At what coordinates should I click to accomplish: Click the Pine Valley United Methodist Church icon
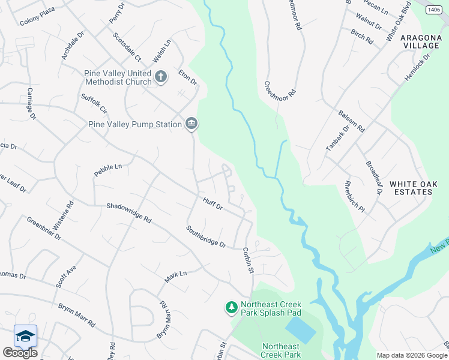click(160, 77)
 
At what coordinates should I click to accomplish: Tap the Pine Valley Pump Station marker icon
click(191, 124)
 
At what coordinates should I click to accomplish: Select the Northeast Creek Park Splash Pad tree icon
click(231, 308)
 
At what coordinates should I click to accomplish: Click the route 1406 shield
click(435, 10)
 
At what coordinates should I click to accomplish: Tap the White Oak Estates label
click(411, 188)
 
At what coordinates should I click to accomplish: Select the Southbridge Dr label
click(205, 236)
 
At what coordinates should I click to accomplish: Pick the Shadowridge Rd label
click(129, 212)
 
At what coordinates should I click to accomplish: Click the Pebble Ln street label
click(108, 170)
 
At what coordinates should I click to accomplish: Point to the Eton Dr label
click(188, 77)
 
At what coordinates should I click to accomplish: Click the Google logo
click(20, 353)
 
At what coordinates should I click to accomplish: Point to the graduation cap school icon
click(25, 336)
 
